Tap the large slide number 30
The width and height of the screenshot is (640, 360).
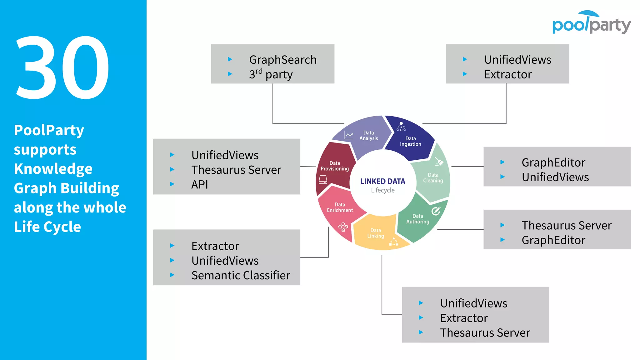click(x=62, y=67)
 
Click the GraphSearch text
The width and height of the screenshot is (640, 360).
click(x=283, y=59)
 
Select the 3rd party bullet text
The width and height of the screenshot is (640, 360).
click(x=271, y=74)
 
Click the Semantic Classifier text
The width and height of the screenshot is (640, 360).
click(x=241, y=275)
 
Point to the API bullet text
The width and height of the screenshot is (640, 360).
click(x=199, y=184)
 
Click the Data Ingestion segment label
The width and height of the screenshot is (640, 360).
click(x=410, y=141)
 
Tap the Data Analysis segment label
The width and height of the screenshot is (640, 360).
click(x=368, y=136)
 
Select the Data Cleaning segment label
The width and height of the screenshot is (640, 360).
click(x=433, y=178)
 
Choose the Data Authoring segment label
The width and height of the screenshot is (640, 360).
click(x=417, y=219)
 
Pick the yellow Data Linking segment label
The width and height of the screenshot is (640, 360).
click(x=376, y=233)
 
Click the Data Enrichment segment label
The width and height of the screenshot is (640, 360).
click(x=340, y=207)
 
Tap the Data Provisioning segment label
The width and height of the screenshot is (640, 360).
click(x=334, y=166)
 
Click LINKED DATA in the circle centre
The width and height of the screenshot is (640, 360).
click(x=382, y=181)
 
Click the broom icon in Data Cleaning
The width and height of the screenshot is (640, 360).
click(x=439, y=161)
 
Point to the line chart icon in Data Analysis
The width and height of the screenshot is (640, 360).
click(x=348, y=135)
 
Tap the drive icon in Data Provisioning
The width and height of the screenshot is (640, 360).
click(x=323, y=180)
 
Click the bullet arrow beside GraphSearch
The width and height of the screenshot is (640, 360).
click(x=230, y=59)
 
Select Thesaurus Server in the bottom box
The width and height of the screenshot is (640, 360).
click(x=485, y=332)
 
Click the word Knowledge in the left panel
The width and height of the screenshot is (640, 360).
click(x=53, y=169)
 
